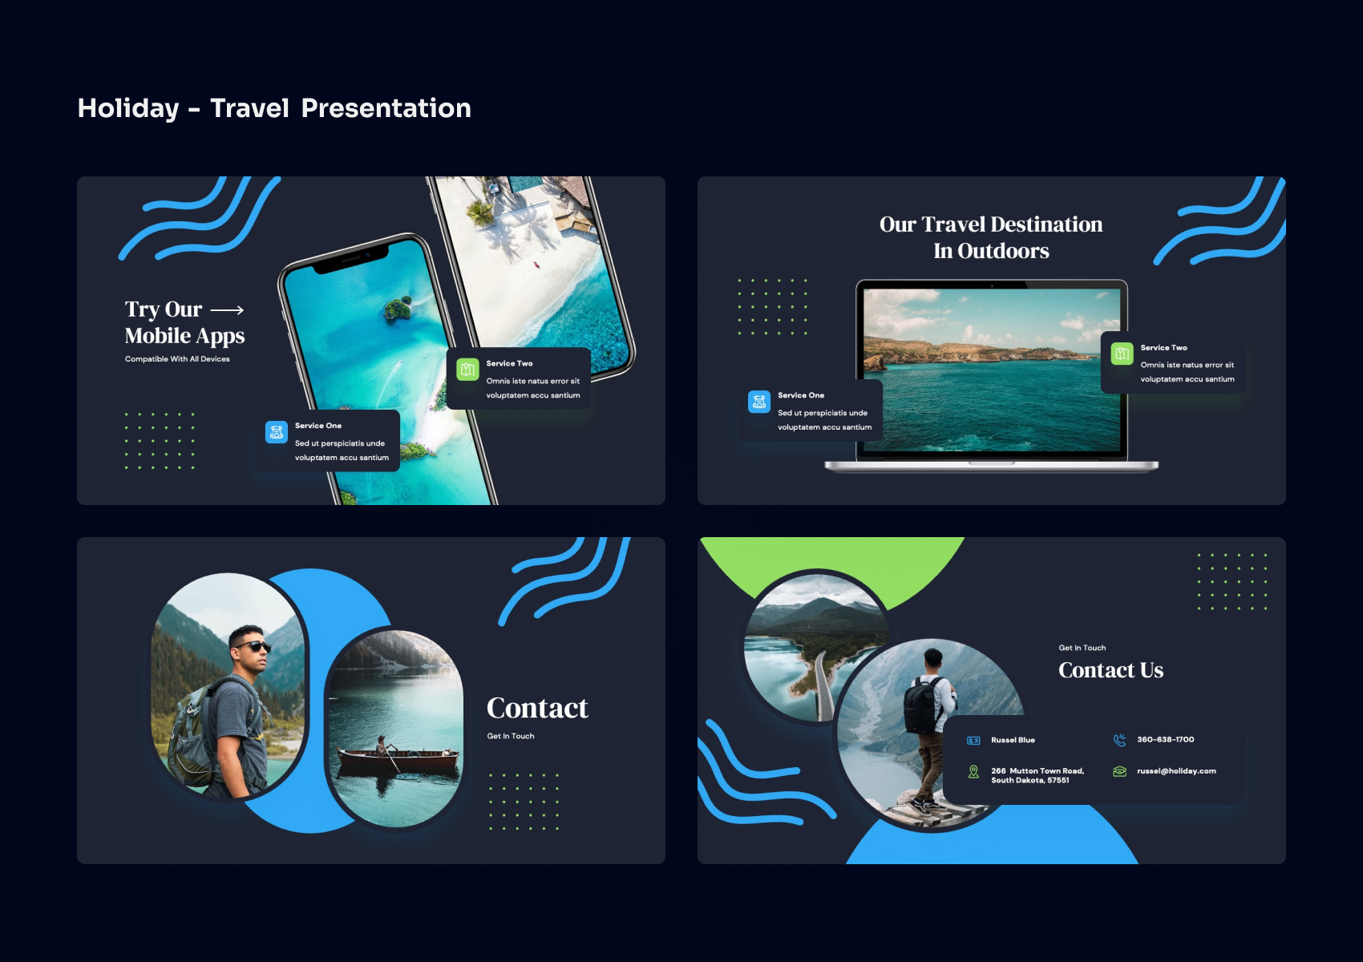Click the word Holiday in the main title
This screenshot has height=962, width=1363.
click(x=128, y=108)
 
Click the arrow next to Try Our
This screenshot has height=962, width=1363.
click(x=227, y=310)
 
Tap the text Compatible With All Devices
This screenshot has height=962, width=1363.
click(x=177, y=359)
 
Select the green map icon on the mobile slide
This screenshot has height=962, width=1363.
click(x=467, y=370)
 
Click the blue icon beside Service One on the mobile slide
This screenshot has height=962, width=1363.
click(x=277, y=432)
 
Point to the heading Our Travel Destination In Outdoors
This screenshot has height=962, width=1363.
click(x=991, y=237)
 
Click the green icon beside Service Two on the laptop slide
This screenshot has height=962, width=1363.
click(x=1122, y=354)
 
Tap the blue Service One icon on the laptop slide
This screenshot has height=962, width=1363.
click(x=759, y=402)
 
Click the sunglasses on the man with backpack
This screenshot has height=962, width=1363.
click(x=253, y=646)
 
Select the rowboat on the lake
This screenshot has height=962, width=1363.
click(x=398, y=758)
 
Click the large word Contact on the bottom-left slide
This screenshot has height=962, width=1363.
click(x=537, y=708)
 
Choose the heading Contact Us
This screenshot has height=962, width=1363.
click(x=1110, y=670)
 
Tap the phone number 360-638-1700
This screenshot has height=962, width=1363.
click(x=1165, y=740)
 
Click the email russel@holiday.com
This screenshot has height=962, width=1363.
click(x=1176, y=771)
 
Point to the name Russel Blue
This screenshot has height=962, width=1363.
click(x=1013, y=740)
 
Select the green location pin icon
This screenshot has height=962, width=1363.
click(x=973, y=772)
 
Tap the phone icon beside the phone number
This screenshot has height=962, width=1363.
click(x=1120, y=740)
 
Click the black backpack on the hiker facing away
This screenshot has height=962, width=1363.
click(x=922, y=706)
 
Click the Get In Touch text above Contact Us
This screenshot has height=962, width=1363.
click(x=1082, y=648)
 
